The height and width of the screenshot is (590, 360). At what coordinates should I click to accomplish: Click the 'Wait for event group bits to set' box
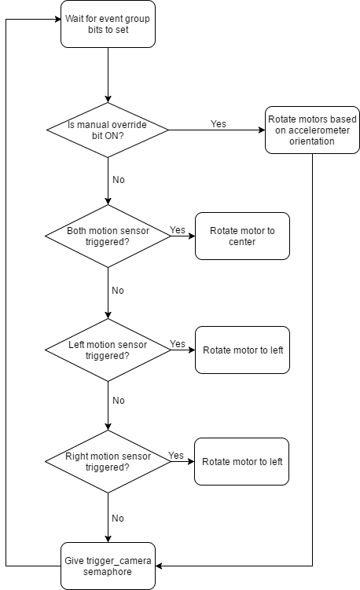click(x=108, y=24)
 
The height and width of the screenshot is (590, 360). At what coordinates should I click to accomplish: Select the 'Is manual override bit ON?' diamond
click(x=108, y=130)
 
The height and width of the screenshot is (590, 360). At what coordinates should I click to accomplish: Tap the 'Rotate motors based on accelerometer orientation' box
click(x=312, y=130)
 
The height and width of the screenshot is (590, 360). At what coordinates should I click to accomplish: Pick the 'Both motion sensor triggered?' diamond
click(x=108, y=236)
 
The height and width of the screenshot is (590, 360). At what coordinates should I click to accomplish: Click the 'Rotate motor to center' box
click(x=242, y=236)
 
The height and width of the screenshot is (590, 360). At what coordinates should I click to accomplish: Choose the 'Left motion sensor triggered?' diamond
click(x=108, y=350)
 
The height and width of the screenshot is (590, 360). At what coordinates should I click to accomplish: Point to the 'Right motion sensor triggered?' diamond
click(x=108, y=462)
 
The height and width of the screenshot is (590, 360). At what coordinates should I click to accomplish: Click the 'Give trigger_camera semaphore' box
click(x=108, y=566)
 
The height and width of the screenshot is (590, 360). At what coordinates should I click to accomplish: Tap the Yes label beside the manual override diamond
click(x=219, y=124)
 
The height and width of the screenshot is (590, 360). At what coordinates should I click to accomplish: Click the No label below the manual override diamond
click(x=118, y=179)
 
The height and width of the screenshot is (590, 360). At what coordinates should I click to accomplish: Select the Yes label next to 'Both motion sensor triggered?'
click(x=178, y=230)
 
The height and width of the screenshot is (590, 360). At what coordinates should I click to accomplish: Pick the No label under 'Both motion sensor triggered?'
click(x=118, y=291)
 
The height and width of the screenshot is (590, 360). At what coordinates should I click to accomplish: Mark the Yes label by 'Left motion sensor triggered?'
click(x=178, y=344)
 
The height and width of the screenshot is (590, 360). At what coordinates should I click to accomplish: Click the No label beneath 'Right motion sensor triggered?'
click(x=118, y=519)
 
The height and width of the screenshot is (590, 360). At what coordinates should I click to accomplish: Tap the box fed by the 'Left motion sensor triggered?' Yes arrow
click(x=243, y=350)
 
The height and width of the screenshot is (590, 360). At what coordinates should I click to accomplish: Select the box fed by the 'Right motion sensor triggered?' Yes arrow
click(x=242, y=462)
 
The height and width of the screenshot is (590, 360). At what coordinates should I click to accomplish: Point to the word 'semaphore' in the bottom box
click(x=108, y=572)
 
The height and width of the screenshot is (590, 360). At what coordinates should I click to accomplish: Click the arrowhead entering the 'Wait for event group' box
click(x=58, y=19)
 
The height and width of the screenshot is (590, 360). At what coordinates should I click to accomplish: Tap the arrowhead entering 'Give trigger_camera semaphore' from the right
click(x=159, y=566)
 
